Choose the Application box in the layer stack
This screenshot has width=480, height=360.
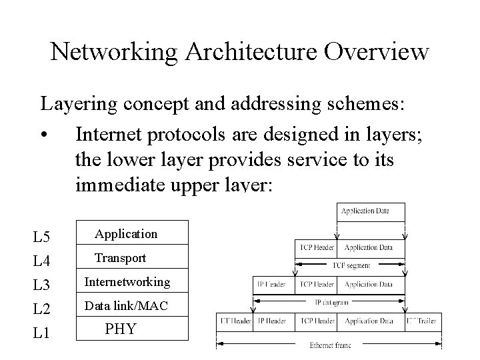127,234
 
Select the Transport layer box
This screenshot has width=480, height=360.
120,258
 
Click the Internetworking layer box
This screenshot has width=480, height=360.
127,282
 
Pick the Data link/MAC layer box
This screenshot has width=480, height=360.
127,306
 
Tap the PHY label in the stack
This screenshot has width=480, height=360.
121,329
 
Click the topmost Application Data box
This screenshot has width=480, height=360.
365,212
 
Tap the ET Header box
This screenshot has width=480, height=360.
235,321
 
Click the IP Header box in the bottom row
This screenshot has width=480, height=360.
271,321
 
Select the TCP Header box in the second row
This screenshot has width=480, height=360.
317,248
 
